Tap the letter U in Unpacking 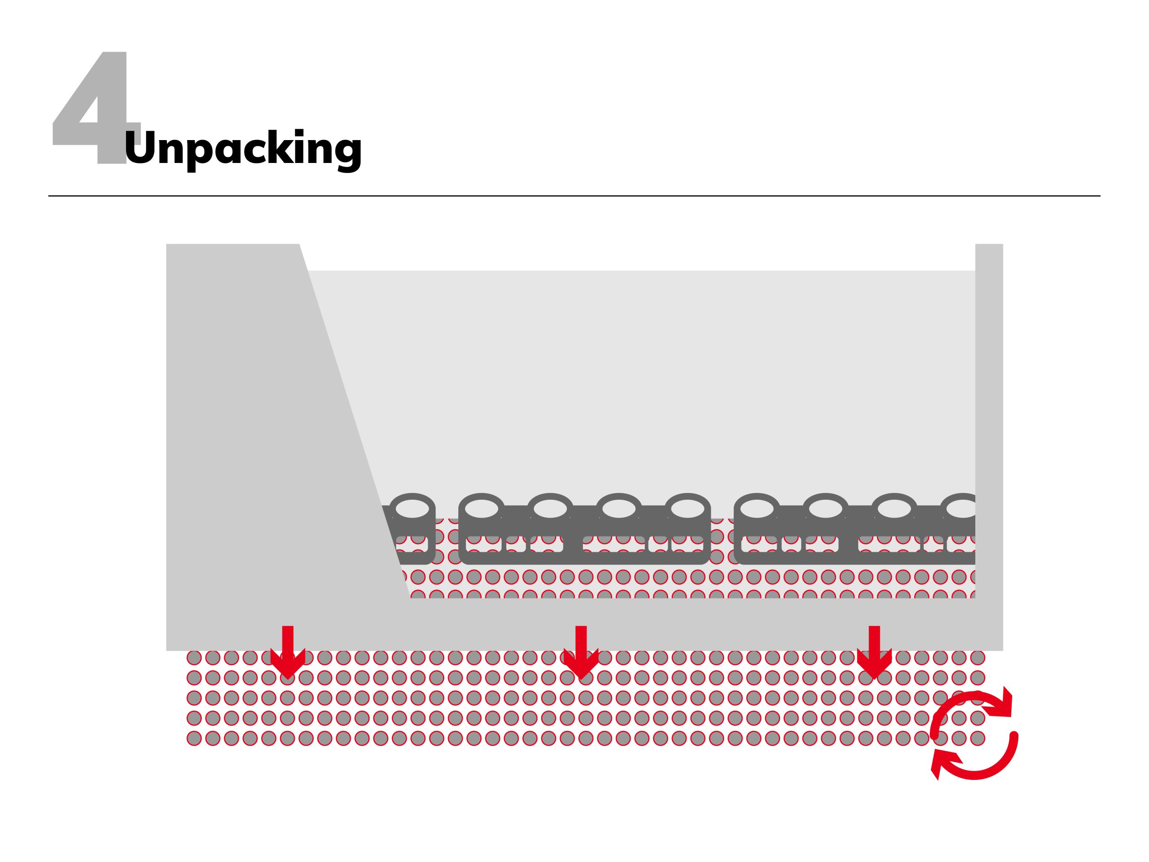click(140, 146)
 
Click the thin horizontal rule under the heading click(574, 196)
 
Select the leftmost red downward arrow click(288, 652)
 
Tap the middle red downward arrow click(581, 652)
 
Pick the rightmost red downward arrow click(874, 652)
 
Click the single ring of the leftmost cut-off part click(412, 509)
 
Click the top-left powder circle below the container click(194, 658)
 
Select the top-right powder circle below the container click(978, 658)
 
